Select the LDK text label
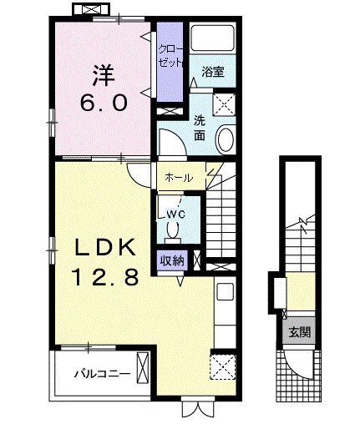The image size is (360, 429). coord(101,247)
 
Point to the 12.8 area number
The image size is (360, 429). coord(101,278)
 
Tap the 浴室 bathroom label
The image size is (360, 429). coord(213,73)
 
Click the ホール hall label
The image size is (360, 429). coord(179,178)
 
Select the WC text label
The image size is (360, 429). coord(175,214)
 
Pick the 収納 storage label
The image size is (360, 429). coord(174,260)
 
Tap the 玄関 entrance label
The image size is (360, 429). coord(297,332)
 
